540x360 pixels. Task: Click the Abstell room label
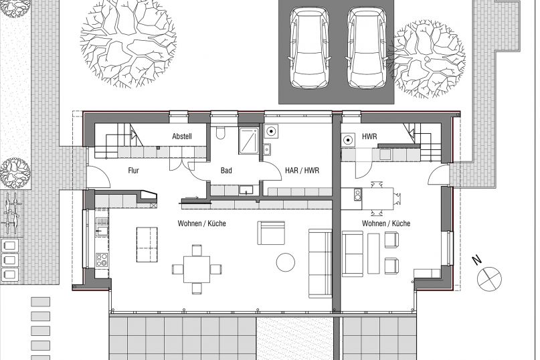tap(182, 137)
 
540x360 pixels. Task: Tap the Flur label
tap(133, 170)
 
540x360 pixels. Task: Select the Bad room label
tap(226, 170)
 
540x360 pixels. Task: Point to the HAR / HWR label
tap(302, 170)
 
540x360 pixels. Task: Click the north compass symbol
tap(489, 278)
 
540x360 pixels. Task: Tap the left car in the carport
tap(309, 48)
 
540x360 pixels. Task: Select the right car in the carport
tap(367, 48)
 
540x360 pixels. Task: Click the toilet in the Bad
tap(220, 132)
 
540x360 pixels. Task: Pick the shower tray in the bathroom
tap(250, 141)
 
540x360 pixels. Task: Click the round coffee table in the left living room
tap(286, 262)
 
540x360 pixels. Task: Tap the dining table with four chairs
tap(197, 269)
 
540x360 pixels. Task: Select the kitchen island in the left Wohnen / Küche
tap(147, 244)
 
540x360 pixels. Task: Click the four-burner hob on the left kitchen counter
tap(102, 260)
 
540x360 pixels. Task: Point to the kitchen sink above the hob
tap(102, 227)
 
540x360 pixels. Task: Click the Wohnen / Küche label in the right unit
tap(386, 223)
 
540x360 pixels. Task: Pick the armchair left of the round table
tap(272, 233)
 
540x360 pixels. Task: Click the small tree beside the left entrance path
tap(15, 173)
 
